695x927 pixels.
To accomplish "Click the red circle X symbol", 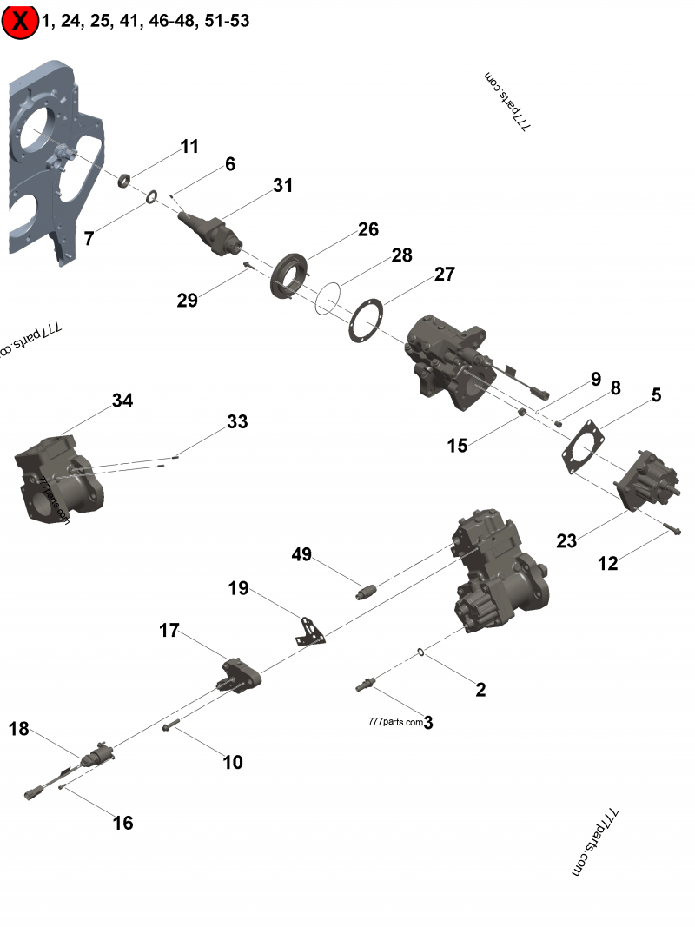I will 20,21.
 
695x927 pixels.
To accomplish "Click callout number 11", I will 189,146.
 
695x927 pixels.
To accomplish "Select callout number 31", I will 282,185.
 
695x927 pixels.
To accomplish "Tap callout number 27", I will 444,275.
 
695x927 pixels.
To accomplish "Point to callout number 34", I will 122,401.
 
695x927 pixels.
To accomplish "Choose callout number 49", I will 301,554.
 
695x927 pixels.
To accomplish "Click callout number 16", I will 123,822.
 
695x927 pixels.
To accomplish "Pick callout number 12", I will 608,563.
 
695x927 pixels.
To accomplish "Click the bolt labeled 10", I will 170,725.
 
